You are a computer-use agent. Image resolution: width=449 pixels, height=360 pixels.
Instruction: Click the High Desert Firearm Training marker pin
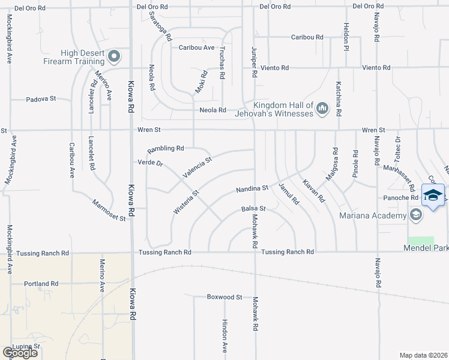(114, 57)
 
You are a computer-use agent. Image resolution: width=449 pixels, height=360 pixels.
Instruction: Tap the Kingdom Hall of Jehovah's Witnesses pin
(322, 109)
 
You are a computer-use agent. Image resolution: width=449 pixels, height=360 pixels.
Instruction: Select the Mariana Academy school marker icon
(415, 215)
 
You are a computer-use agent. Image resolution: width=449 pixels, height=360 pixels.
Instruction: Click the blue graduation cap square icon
(433, 195)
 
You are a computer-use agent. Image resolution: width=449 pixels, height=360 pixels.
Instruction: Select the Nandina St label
(252, 188)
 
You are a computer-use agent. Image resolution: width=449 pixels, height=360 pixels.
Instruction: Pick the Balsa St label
(253, 209)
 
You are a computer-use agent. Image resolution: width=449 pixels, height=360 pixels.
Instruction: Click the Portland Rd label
(41, 283)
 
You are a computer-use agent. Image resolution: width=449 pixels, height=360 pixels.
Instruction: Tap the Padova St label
(41, 98)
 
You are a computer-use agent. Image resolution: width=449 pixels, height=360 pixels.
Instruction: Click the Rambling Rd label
(166, 148)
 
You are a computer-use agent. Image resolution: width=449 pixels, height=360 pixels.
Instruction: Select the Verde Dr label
(150, 163)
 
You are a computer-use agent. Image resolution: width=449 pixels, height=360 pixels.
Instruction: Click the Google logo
(20, 352)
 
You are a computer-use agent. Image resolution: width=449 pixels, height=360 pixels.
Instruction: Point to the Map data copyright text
(424, 355)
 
